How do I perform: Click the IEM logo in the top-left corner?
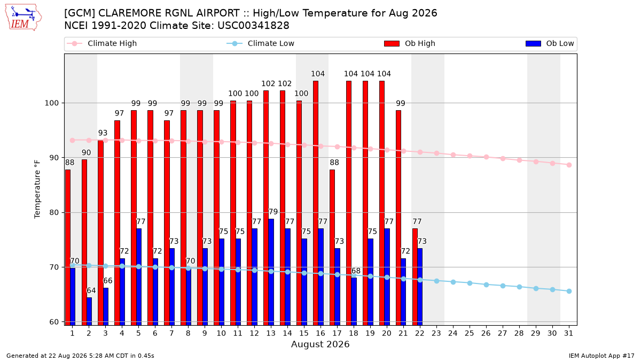click(24, 18)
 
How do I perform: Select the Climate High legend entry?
click(101, 43)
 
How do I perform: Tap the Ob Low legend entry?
click(550, 43)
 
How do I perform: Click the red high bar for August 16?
click(315, 203)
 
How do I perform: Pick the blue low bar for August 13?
click(271, 272)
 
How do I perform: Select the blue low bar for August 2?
click(89, 311)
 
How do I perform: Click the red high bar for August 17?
click(332, 247)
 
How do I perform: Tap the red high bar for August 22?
click(415, 277)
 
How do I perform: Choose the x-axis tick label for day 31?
click(568, 334)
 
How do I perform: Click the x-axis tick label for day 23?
click(436, 334)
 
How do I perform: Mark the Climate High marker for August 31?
click(569, 165)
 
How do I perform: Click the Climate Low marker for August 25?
click(470, 283)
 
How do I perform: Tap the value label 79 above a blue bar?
click(273, 212)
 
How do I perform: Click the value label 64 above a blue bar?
click(91, 290)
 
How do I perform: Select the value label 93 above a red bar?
click(103, 133)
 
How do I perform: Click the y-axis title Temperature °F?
click(37, 189)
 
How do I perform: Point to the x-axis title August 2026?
click(320, 344)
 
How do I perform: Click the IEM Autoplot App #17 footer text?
click(601, 356)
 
